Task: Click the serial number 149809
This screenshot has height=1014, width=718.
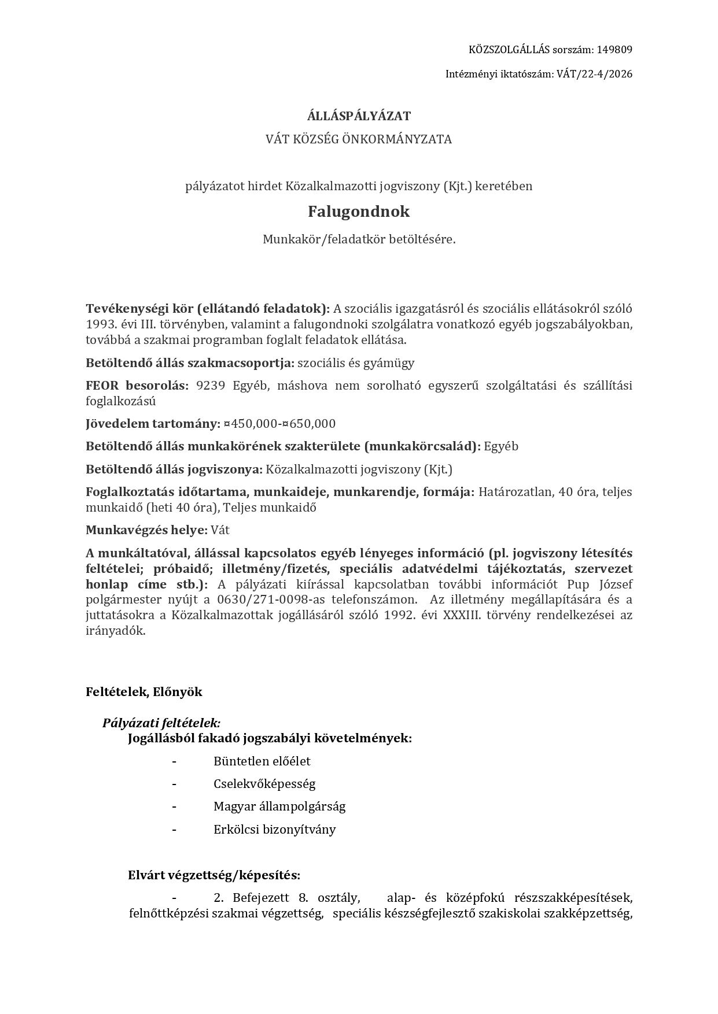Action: pyautogui.click(x=614, y=50)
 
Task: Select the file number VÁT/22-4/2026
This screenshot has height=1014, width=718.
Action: pyautogui.click(x=594, y=74)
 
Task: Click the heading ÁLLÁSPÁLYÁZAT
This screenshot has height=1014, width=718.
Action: pyautogui.click(x=359, y=116)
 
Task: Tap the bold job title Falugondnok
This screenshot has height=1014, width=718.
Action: pyautogui.click(x=359, y=212)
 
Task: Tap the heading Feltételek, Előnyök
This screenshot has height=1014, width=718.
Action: pyautogui.click(x=144, y=692)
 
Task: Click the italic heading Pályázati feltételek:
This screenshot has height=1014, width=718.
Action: pyautogui.click(x=161, y=723)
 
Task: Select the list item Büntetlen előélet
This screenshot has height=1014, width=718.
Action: pyautogui.click(x=262, y=761)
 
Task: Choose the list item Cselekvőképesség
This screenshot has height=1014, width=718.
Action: pyautogui.click(x=264, y=784)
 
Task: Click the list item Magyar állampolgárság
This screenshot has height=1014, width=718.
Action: pyautogui.click(x=279, y=806)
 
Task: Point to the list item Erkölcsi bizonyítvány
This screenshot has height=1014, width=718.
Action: pyautogui.click(x=275, y=830)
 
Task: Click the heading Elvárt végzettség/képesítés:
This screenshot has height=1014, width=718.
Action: pyautogui.click(x=214, y=875)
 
